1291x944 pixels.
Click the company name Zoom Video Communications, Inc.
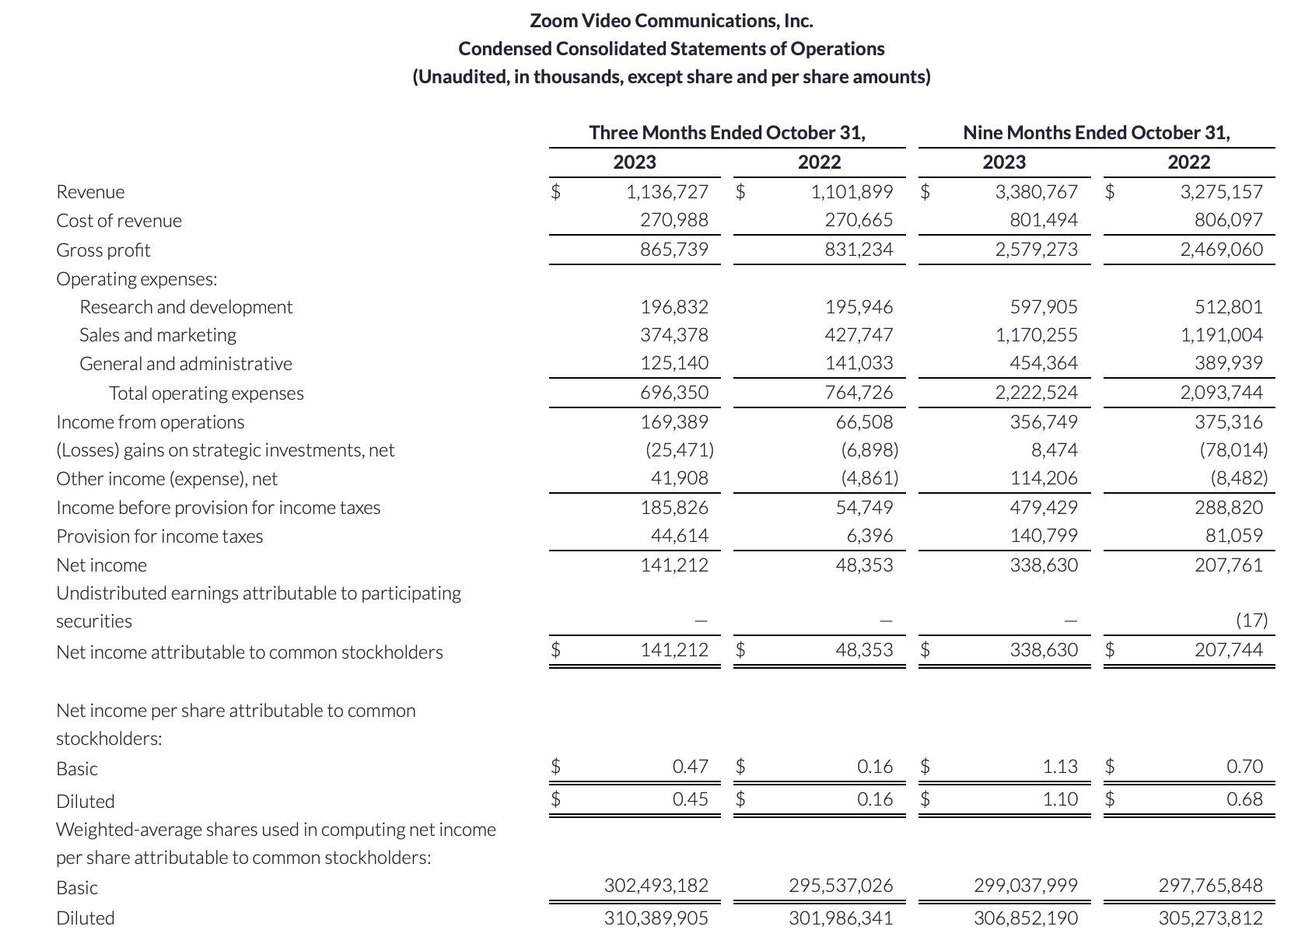click(x=671, y=20)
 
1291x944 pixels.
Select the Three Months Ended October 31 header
click(x=726, y=132)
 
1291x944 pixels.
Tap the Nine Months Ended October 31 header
click(x=1096, y=132)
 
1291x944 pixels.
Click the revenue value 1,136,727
click(x=667, y=191)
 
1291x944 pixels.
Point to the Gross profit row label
click(x=103, y=250)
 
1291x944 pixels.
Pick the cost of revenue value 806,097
click(x=1228, y=220)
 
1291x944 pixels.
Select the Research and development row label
click(x=186, y=307)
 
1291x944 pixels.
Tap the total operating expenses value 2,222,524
click(x=1036, y=393)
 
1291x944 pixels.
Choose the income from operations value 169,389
click(x=674, y=422)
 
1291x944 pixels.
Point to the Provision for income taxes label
click(x=159, y=537)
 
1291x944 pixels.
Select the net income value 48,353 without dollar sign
click(x=864, y=565)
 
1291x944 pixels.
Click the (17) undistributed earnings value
click(x=1251, y=621)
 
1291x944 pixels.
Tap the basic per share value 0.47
click(x=690, y=767)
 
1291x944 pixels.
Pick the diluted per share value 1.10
click(x=1060, y=799)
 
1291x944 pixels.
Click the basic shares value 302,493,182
click(x=656, y=886)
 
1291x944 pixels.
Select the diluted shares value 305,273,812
click(x=1210, y=918)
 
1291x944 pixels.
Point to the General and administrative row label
click(x=186, y=364)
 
